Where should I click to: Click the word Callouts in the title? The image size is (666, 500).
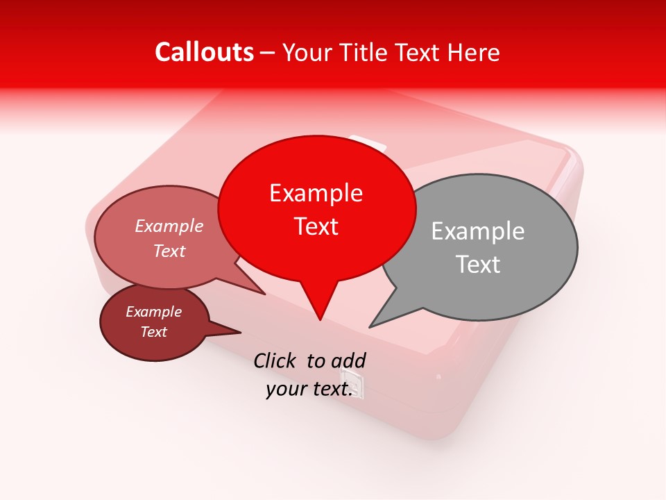point(204,52)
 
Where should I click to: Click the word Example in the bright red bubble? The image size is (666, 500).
point(316,193)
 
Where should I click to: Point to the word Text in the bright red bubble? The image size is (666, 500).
point(316,226)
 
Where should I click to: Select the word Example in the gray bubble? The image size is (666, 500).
point(477,231)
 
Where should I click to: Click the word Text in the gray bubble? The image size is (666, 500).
point(478,265)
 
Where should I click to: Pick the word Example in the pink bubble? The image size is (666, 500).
point(169,226)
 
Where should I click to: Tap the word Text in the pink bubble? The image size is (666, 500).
point(169,251)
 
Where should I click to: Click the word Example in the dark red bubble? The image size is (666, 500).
point(153,312)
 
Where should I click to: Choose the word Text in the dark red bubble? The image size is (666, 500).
point(154,332)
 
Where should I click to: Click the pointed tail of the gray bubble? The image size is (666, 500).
point(372,325)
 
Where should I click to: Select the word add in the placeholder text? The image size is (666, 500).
point(348,360)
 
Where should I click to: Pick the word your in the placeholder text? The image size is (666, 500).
point(285,389)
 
